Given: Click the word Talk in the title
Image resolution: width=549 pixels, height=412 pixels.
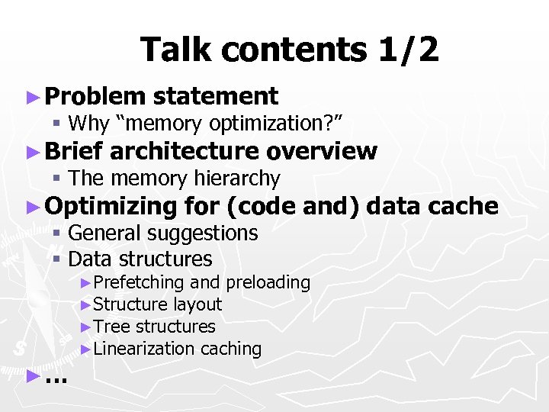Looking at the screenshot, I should coord(174,50).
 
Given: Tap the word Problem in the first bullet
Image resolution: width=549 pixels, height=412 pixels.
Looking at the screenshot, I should coord(95,96).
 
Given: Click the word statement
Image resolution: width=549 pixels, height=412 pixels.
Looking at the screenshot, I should coord(215,96).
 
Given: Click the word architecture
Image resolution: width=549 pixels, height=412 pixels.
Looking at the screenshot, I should coord(184,151).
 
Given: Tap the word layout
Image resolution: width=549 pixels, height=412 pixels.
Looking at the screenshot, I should coord(197,304).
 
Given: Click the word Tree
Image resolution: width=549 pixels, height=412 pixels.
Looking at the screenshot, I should coord(110,327).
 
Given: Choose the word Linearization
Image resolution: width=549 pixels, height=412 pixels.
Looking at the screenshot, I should coord(144,349).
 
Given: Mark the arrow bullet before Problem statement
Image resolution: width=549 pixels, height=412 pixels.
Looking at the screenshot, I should coord(31,97).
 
